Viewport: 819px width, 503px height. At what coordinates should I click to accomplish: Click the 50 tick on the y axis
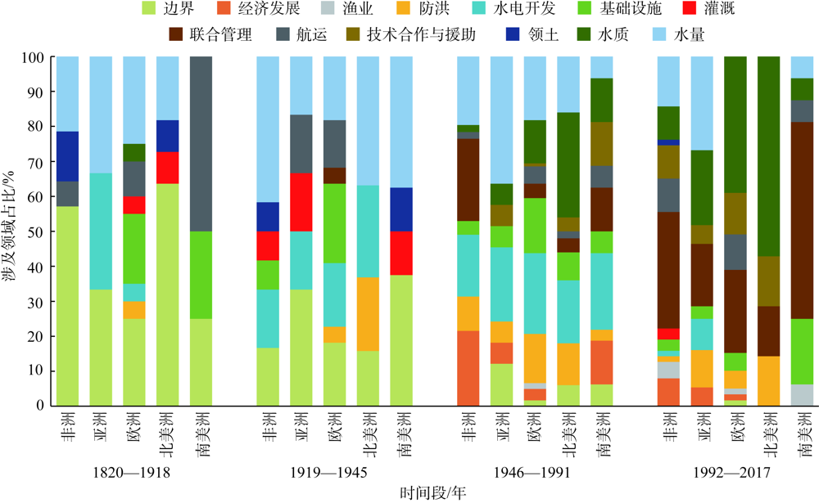tap(36, 231)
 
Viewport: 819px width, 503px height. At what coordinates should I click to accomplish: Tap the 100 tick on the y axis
tap(33, 57)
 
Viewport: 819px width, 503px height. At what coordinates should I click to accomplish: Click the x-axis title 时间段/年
tap(434, 492)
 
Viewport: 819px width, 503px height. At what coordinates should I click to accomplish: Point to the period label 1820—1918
tap(133, 472)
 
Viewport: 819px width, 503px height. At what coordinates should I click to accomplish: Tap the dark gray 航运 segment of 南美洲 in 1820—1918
tap(201, 144)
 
